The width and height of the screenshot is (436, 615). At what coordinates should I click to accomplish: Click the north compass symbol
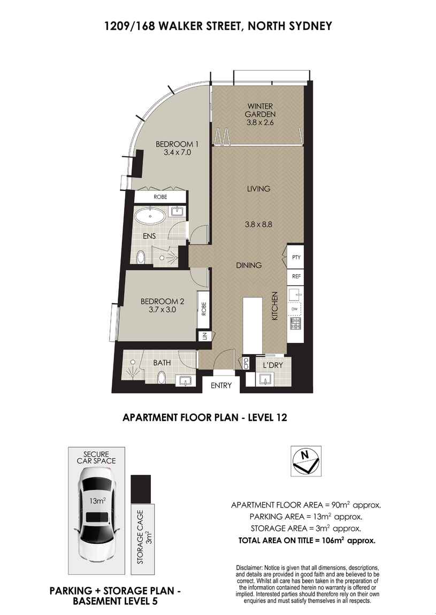click(x=305, y=460)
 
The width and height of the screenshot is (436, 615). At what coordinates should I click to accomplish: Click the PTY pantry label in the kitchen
click(x=296, y=257)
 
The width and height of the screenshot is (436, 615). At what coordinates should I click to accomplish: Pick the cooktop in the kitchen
click(x=296, y=322)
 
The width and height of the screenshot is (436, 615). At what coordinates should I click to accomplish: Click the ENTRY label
click(x=221, y=385)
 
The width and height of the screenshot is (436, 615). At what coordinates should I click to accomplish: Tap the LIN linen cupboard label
click(x=204, y=336)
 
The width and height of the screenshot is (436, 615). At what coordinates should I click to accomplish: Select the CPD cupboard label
click(x=247, y=363)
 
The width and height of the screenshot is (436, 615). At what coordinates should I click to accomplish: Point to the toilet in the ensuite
click(x=141, y=257)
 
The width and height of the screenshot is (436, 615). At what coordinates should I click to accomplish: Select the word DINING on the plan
click(x=249, y=265)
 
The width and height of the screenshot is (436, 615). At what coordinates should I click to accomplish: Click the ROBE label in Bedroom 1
click(x=160, y=197)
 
